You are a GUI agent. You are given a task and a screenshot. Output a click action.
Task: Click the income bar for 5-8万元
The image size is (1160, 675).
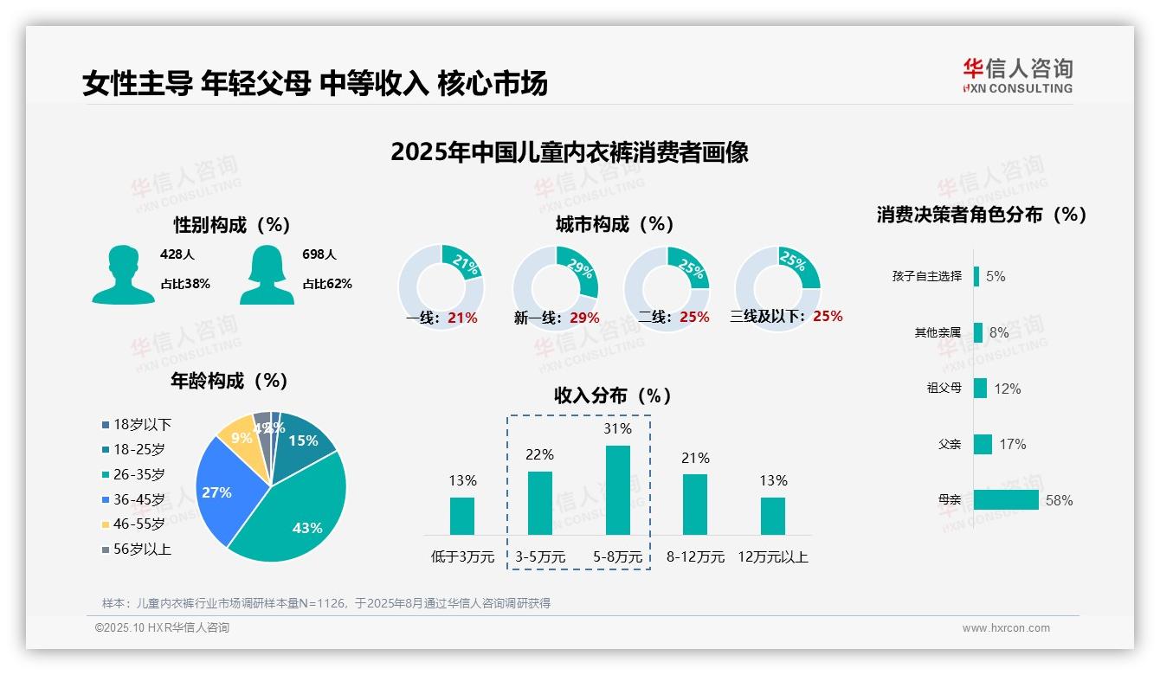[x=617, y=490]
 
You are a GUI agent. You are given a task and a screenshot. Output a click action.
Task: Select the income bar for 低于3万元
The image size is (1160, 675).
[x=462, y=516]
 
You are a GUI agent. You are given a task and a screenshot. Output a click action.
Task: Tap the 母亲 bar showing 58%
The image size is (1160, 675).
[x=1006, y=499]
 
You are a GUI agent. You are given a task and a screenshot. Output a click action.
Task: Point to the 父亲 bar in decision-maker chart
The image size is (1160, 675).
[x=983, y=444]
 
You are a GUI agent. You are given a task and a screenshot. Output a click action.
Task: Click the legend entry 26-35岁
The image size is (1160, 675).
[x=139, y=474]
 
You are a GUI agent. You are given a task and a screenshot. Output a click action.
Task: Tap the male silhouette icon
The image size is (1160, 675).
[x=123, y=274]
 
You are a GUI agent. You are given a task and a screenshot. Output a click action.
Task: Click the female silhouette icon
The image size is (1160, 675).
[x=267, y=274]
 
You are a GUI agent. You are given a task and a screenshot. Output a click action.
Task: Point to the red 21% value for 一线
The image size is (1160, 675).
[x=462, y=318]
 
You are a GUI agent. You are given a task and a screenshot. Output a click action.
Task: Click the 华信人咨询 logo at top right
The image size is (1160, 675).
[x=1017, y=76]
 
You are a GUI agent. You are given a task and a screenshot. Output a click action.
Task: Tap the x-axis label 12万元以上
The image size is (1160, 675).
[x=772, y=556]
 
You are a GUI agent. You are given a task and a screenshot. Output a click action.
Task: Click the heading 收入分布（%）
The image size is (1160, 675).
[x=613, y=395]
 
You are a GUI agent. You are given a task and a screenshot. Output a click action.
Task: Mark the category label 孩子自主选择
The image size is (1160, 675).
[x=926, y=276]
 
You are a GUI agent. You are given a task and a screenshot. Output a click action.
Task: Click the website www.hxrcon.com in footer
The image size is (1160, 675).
[x=1005, y=628]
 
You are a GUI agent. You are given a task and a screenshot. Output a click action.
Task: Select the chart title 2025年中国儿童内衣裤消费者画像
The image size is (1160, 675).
[x=569, y=152]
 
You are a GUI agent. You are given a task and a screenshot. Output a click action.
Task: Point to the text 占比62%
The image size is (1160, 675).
[x=326, y=284]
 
